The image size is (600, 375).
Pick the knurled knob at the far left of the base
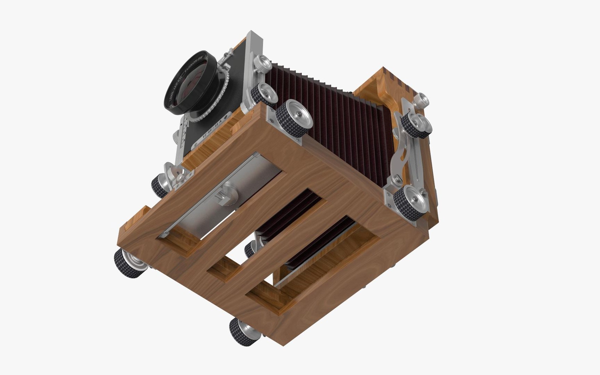point(128,264)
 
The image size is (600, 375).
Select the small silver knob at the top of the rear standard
point(421,99)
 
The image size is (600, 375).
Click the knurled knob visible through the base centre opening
point(250,249)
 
